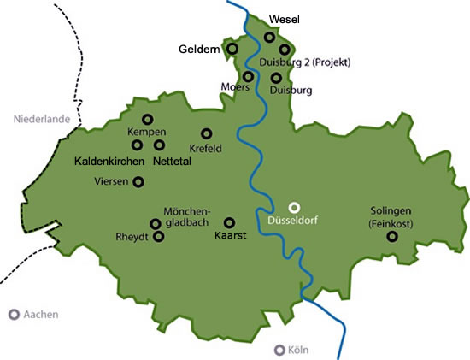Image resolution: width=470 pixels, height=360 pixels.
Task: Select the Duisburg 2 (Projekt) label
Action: coord(303,62)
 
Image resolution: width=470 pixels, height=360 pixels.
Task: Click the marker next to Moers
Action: coord(248,76)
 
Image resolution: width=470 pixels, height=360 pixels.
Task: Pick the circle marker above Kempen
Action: coord(147,120)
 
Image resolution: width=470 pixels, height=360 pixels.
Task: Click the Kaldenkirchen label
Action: coord(109,161)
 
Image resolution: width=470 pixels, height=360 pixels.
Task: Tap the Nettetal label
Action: coord(173,161)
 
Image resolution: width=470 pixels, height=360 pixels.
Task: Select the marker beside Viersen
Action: coord(138,181)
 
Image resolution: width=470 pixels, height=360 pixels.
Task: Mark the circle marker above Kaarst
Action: coord(229,221)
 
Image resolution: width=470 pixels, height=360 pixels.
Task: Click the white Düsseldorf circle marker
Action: coord(294,206)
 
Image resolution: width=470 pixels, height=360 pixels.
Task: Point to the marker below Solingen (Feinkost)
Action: coord(392,236)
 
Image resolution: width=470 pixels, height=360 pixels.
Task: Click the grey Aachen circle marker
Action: coord(14,315)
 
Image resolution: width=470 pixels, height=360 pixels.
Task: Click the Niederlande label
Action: coord(40,121)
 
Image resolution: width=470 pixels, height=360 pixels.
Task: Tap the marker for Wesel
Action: coord(270,37)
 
